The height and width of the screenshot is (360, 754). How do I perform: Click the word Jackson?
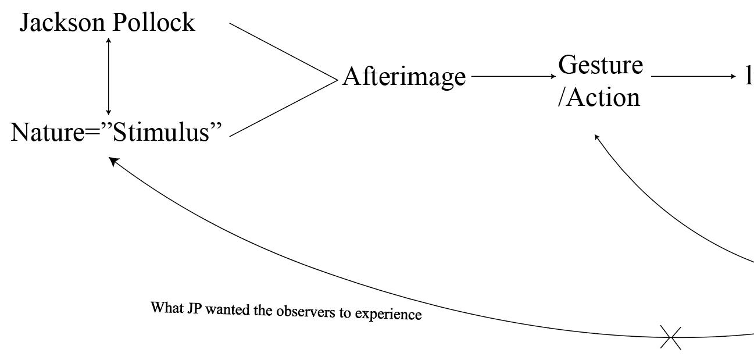click(63, 23)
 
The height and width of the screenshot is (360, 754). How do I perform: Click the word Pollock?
click(153, 23)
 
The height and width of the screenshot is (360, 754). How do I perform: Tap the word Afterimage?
click(404, 77)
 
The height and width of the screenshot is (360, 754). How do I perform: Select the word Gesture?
click(601, 66)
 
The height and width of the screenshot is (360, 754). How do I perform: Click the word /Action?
click(599, 97)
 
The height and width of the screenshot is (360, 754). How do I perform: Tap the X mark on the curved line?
click(671, 337)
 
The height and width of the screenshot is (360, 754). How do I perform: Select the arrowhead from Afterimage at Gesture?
click(553, 76)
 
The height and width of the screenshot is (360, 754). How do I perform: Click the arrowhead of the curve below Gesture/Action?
click(596, 137)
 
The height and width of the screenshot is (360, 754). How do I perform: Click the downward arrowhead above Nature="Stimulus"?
click(108, 112)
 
